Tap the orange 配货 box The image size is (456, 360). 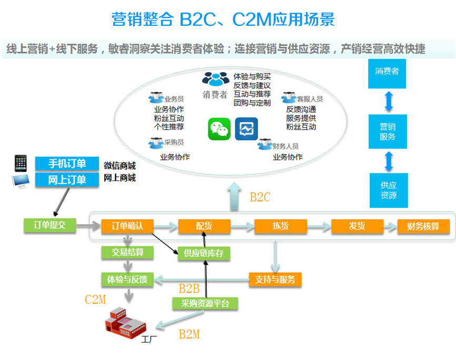[x=204, y=226]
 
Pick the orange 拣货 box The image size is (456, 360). [x=280, y=226]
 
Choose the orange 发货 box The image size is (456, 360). [x=357, y=226]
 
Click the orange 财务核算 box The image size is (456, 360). [x=423, y=226]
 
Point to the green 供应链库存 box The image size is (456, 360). [x=204, y=253]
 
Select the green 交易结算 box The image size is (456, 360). [x=127, y=252]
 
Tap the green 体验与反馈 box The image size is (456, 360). [x=127, y=279]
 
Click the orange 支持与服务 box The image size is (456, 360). [x=275, y=279]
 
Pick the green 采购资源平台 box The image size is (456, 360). [x=205, y=303]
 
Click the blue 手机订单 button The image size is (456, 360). [x=67, y=164]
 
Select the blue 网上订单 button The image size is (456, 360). [x=67, y=179]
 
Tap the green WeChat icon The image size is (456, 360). [x=219, y=128]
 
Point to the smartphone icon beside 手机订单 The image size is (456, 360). [x=21, y=163]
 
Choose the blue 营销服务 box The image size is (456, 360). [x=388, y=132]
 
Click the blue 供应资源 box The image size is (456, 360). [x=388, y=190]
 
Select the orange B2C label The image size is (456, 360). [x=260, y=197]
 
